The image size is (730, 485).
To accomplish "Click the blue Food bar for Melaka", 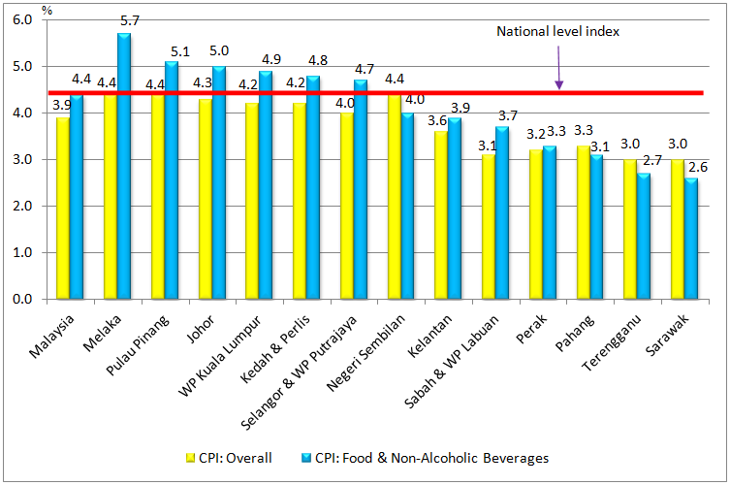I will [124, 165].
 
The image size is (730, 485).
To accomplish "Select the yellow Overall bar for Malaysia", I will [63, 208].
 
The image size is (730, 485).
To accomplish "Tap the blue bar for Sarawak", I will [691, 238].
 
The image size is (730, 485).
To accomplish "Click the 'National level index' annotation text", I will [557, 31].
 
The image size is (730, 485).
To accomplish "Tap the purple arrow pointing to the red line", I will [558, 68].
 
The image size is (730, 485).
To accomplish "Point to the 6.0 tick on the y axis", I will [22, 20].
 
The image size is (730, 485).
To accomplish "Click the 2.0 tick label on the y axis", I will [22, 207].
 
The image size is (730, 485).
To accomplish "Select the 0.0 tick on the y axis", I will [22, 300].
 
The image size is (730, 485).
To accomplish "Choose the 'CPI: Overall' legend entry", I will [229, 458].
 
